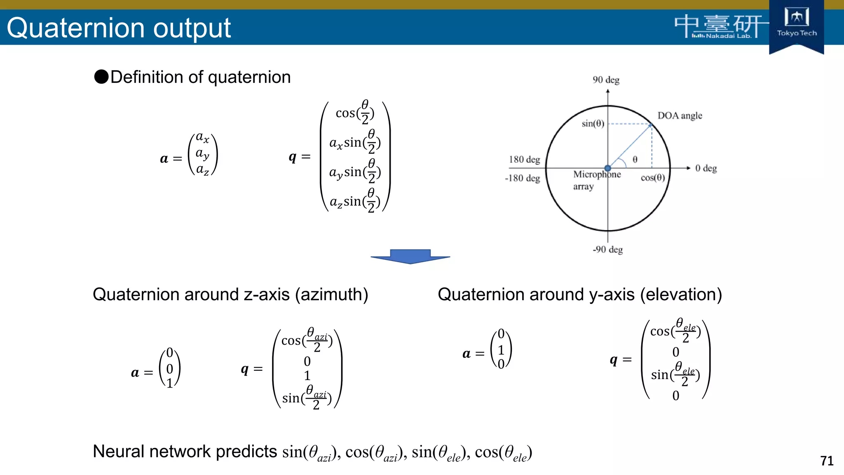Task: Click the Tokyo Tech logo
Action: tap(796, 23)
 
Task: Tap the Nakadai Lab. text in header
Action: tap(728, 36)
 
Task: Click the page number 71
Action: tap(827, 461)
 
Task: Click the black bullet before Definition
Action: tap(101, 77)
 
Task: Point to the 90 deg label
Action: tap(606, 80)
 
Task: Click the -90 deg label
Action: tap(607, 249)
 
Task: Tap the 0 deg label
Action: tap(706, 168)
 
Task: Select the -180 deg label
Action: tap(522, 178)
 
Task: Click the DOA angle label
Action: tap(680, 115)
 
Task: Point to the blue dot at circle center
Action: tap(608, 168)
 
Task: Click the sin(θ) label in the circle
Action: tap(593, 123)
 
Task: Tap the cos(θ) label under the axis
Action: tap(653, 178)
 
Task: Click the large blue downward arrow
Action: tap(410, 256)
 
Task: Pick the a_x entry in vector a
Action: tap(202, 137)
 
